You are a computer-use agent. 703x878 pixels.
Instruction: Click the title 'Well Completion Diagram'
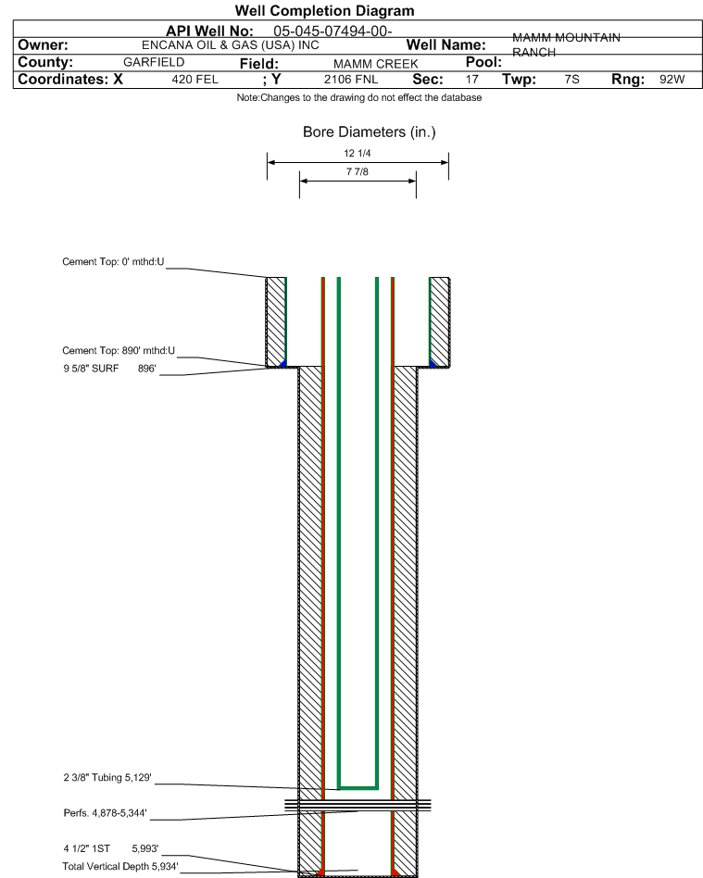coord(324,10)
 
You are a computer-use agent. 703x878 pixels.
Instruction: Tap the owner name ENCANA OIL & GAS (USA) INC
coord(232,44)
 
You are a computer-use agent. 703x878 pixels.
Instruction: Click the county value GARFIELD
coord(154,62)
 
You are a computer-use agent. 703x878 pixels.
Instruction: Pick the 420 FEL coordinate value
coord(195,80)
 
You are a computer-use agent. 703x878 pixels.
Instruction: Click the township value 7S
coord(571,80)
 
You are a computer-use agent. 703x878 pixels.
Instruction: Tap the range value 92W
coord(672,80)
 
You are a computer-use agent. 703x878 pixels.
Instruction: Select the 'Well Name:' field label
coord(446,45)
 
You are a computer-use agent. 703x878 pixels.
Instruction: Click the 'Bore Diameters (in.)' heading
coord(369,132)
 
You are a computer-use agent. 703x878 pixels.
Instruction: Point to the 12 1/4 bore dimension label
coord(358,154)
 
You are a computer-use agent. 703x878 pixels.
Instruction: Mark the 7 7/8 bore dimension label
coord(358,172)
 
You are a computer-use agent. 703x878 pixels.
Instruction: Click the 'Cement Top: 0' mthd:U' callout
coord(113,261)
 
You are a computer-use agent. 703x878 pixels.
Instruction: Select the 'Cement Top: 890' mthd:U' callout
coord(119,351)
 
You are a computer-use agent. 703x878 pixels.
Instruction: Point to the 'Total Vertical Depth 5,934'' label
coord(120,866)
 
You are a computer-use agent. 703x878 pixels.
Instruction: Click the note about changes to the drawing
coord(358,97)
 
